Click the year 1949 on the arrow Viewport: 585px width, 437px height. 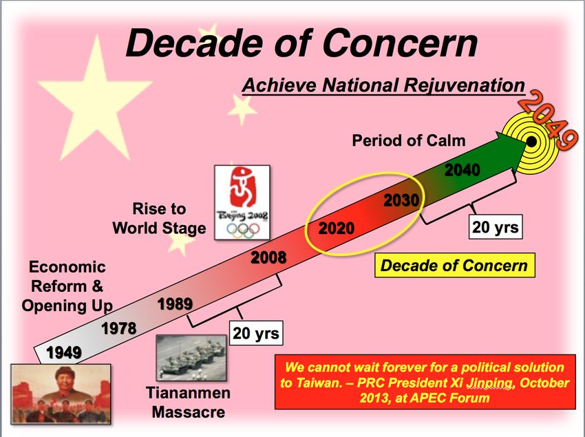point(64,352)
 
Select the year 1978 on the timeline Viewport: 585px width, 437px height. point(119,328)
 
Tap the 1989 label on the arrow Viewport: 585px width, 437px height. point(175,303)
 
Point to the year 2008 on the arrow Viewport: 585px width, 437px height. point(268,257)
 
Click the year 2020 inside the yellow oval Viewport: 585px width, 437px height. point(336,228)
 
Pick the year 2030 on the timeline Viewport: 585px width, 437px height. point(402,200)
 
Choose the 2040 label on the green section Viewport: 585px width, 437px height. point(462,170)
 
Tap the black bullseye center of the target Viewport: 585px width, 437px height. point(531,142)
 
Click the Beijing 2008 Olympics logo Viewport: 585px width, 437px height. point(242,202)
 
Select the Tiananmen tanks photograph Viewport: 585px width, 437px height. point(191,358)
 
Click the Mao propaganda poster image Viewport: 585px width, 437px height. point(61,394)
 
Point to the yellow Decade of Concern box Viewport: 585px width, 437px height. point(454,266)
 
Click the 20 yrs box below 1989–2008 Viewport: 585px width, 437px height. point(256,333)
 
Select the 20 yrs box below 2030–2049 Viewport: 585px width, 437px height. point(496,226)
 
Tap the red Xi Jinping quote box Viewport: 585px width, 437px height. point(425,382)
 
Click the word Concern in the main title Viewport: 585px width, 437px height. point(400,43)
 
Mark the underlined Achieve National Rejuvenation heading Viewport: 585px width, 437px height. point(383,85)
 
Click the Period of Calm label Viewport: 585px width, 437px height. point(409,140)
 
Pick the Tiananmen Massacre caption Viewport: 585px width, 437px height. point(189,403)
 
